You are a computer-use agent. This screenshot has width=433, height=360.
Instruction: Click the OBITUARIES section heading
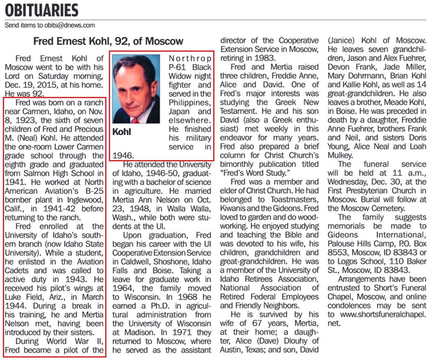(x=41, y=10)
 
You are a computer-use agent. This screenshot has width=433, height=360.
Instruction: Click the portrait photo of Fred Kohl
(x=136, y=89)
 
